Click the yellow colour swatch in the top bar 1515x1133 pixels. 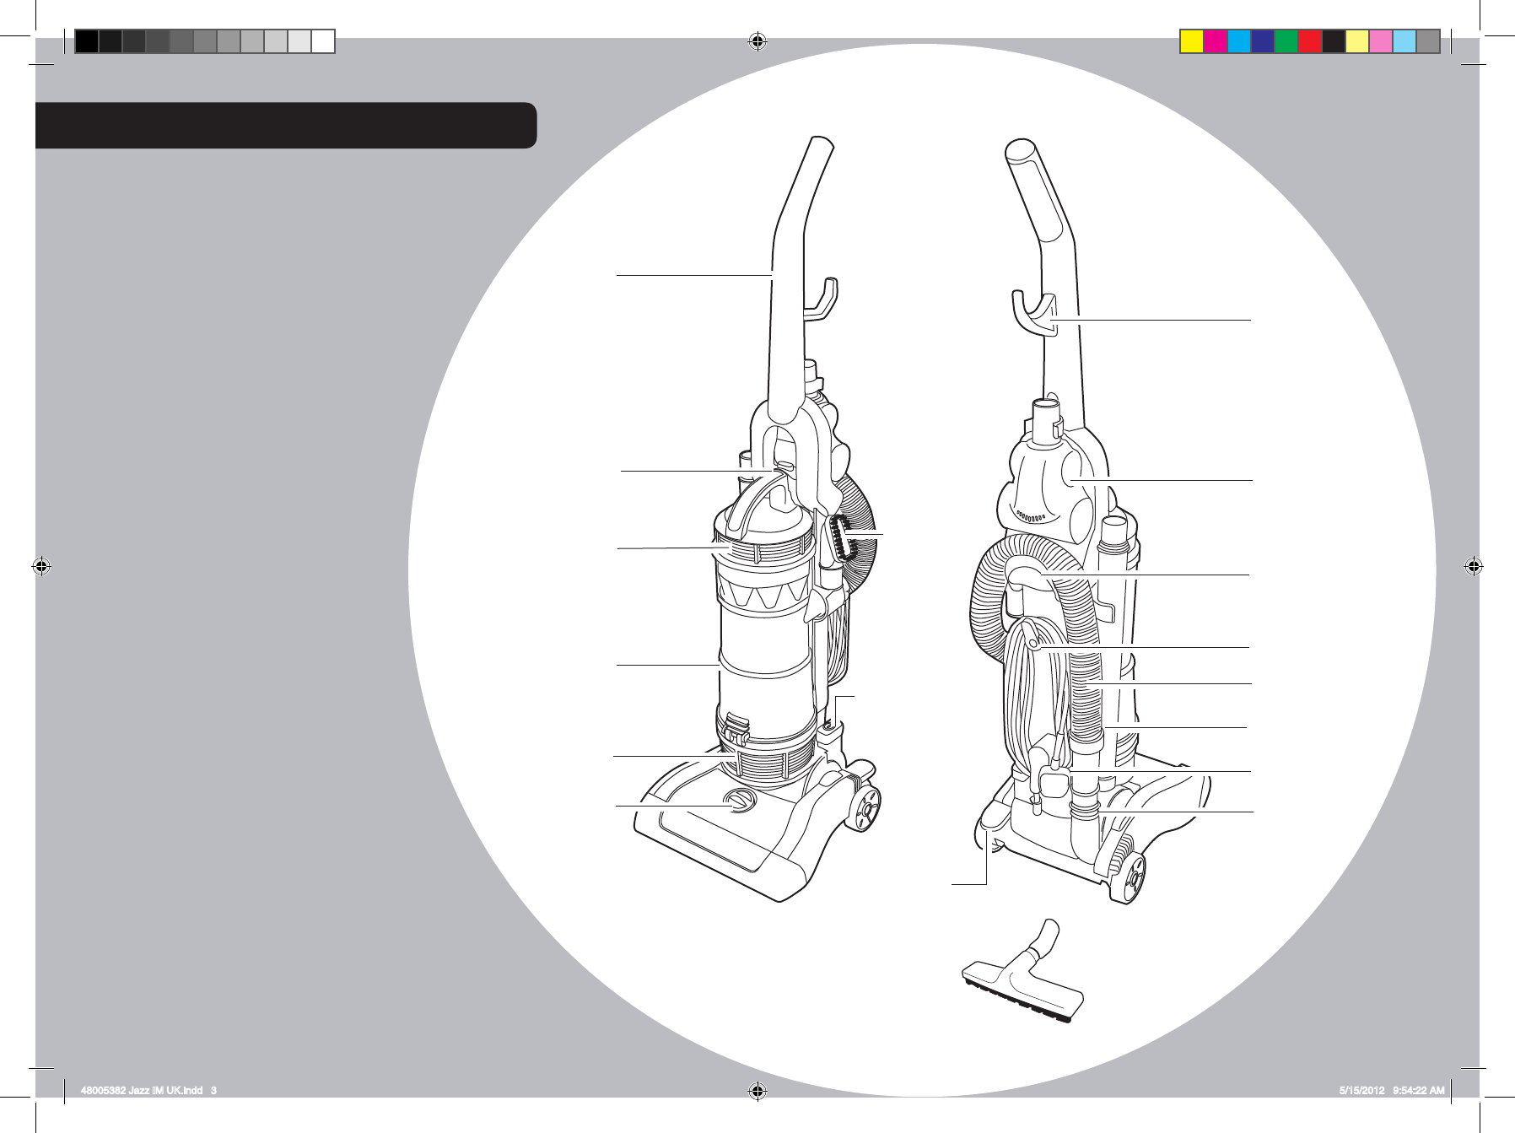tap(1191, 41)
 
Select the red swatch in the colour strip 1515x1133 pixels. tap(1309, 41)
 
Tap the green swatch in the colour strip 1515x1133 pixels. tap(1286, 41)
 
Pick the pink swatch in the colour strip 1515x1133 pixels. tap(1380, 41)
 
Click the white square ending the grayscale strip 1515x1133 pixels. tap(323, 41)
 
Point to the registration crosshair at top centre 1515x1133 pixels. tap(757, 41)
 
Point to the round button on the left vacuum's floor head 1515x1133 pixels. tap(740, 801)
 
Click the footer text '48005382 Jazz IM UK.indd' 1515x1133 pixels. tap(143, 1091)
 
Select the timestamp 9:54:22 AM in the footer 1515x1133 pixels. tap(1418, 1091)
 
